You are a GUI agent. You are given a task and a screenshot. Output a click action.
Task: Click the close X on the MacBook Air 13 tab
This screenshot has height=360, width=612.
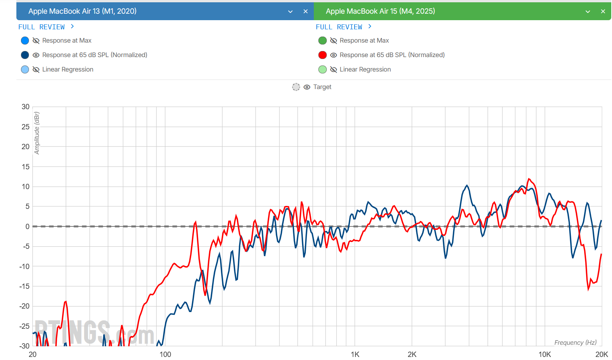click(305, 11)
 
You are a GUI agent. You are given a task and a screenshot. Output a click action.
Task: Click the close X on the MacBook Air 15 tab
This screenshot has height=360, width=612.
click(603, 11)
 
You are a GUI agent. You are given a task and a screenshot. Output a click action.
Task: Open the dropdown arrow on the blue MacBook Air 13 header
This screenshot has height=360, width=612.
click(290, 11)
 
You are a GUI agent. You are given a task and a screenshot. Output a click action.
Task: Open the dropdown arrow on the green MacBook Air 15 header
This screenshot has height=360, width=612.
click(588, 11)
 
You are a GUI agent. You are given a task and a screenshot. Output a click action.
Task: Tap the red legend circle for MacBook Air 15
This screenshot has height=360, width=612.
click(323, 55)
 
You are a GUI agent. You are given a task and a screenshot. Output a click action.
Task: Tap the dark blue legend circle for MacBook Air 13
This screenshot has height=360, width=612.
click(25, 55)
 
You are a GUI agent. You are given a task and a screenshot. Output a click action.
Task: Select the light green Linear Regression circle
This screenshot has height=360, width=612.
click(323, 70)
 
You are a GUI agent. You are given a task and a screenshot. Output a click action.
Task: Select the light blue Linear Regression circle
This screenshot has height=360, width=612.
click(25, 70)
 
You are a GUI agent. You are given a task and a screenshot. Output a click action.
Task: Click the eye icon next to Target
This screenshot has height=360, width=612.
click(307, 87)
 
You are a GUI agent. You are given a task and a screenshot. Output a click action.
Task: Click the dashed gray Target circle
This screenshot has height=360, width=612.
click(296, 87)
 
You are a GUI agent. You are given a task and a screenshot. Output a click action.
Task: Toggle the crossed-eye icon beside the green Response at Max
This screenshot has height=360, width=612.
click(334, 41)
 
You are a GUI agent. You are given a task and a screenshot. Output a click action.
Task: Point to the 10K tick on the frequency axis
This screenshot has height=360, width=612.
click(545, 355)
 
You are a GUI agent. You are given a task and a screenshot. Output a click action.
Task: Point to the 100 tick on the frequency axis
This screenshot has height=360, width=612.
click(165, 355)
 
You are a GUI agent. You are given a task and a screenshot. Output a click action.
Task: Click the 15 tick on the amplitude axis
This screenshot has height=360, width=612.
click(26, 167)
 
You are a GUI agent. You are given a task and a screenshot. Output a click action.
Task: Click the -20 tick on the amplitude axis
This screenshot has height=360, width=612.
click(24, 306)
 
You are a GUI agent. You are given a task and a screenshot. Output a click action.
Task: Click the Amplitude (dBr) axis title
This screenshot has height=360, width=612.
click(37, 133)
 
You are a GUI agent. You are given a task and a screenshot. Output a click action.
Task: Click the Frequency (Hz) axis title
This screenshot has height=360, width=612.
click(575, 343)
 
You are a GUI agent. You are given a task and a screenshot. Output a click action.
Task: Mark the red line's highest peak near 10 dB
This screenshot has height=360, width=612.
click(529, 179)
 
